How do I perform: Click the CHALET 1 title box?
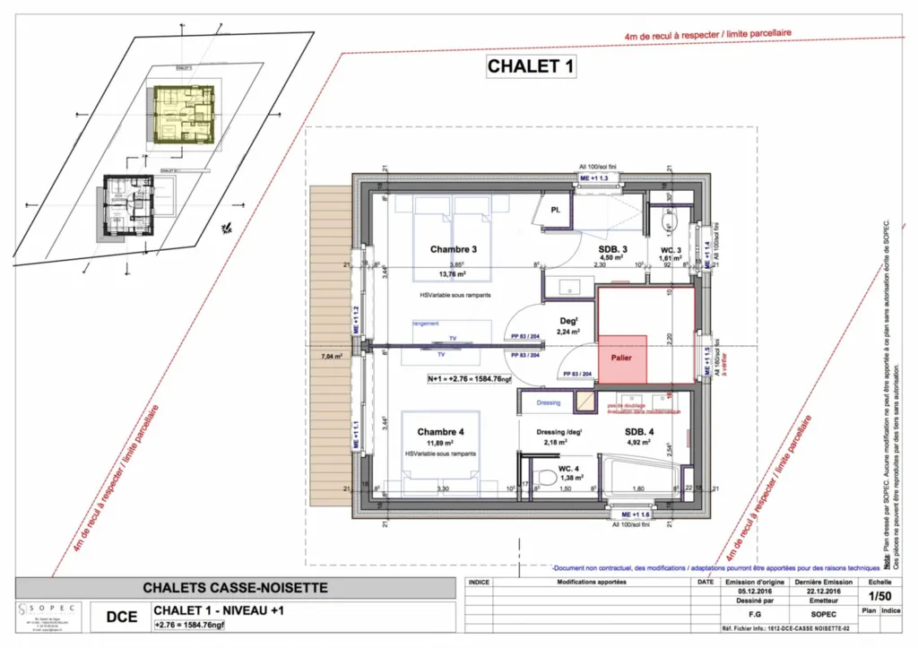(x=530, y=65)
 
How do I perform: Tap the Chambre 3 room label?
(x=453, y=249)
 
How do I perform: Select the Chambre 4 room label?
(x=440, y=432)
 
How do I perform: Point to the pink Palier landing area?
(x=622, y=359)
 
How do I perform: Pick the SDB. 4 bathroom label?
(x=639, y=432)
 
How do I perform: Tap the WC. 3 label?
(x=672, y=250)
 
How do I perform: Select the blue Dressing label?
(x=549, y=402)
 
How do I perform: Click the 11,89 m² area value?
(x=439, y=443)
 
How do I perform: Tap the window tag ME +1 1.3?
(x=600, y=179)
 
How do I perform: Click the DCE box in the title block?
(x=122, y=617)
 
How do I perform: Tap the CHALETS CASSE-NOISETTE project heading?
(x=236, y=588)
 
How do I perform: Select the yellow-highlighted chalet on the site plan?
(x=183, y=115)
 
